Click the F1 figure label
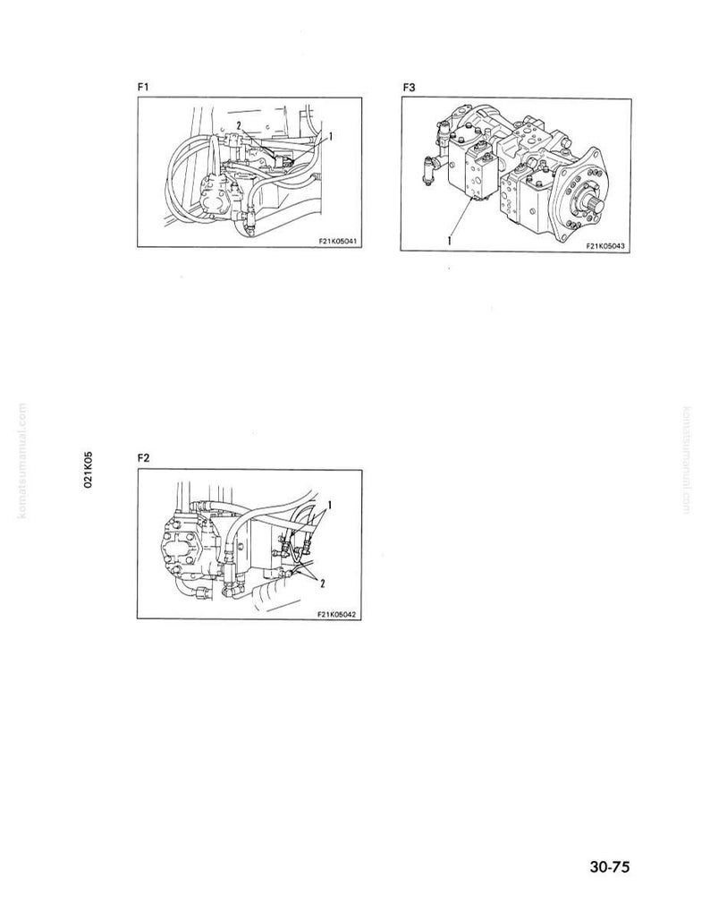pos(143,88)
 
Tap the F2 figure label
pos(143,458)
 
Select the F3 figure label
pos(409,88)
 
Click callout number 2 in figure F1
pos(239,124)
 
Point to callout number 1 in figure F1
pos(331,136)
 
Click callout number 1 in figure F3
pos(450,239)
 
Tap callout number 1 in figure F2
pos(330,505)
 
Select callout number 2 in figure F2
pos(322,582)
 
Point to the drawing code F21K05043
pos(605,246)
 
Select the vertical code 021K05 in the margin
pos(89,470)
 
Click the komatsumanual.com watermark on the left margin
pos(22,461)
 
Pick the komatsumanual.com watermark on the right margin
pos(687,461)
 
